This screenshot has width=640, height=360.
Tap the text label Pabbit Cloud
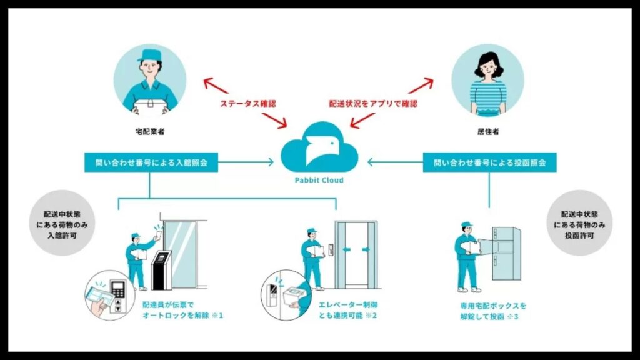pyautogui.click(x=320, y=180)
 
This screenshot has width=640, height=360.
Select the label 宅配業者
pyautogui.click(x=149, y=132)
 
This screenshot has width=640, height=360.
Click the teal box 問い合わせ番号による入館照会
pyautogui.click(x=151, y=162)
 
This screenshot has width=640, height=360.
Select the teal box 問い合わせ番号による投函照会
pyautogui.click(x=489, y=162)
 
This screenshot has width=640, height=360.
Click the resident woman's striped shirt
pyautogui.click(x=487, y=95)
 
